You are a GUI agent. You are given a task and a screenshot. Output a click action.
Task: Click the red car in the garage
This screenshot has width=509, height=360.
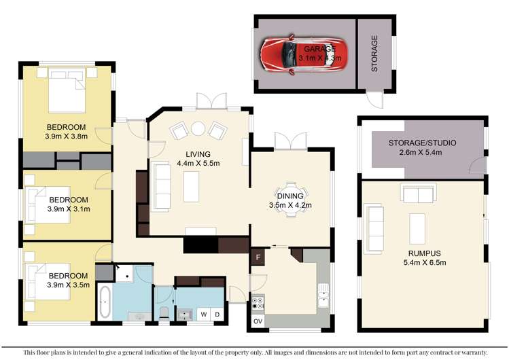(x=304, y=54)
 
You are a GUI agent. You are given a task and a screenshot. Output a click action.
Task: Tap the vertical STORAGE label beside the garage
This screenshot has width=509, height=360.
(x=374, y=54)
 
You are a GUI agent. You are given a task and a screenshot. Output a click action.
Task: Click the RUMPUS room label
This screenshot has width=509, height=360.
(x=424, y=253)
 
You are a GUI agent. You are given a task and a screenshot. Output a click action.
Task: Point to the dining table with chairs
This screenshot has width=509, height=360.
(x=291, y=200)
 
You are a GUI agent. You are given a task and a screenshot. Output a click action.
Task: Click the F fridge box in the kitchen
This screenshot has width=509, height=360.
(x=258, y=257)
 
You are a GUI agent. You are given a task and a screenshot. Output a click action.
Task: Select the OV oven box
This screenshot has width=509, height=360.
(x=258, y=321)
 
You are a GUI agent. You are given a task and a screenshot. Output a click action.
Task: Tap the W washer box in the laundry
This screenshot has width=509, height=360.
(x=204, y=314)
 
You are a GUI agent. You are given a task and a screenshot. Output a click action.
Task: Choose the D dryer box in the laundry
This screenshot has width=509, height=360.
(x=217, y=314)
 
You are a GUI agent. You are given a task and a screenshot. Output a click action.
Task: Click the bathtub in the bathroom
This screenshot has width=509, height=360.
(x=105, y=302)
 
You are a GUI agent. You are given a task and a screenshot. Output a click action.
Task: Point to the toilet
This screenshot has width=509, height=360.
(x=164, y=313)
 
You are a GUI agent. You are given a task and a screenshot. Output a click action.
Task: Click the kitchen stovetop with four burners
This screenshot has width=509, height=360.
(x=258, y=303)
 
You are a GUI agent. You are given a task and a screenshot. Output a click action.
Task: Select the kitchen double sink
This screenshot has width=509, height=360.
(x=323, y=295)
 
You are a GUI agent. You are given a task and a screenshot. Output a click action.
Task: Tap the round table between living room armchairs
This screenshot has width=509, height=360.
(x=198, y=128)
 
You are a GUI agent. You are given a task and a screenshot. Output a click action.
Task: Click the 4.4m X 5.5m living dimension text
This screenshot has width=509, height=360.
(x=198, y=163)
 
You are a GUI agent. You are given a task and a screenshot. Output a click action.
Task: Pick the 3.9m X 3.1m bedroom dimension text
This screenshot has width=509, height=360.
(x=69, y=209)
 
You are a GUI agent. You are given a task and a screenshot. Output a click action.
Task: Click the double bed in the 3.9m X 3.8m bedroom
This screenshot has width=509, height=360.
(x=67, y=90)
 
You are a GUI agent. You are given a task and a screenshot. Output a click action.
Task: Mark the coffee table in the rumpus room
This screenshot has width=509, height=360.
(x=417, y=229)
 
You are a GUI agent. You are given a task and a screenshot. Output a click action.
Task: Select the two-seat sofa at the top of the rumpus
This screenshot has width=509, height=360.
(x=419, y=194)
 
